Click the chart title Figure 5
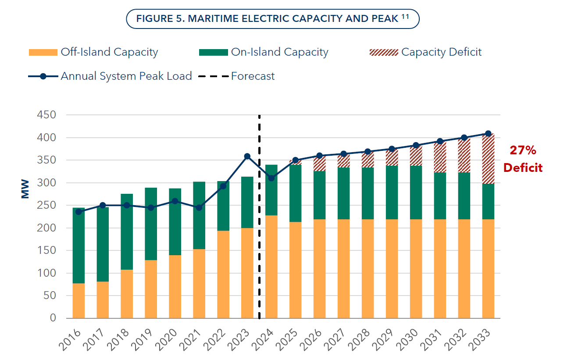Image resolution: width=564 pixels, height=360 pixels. click(272, 19)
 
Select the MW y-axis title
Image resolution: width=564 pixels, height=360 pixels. click(25, 188)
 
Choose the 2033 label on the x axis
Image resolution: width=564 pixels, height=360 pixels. click(485, 338)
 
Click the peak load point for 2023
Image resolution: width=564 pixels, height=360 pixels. click(247, 156)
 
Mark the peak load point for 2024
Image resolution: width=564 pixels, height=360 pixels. click(271, 178)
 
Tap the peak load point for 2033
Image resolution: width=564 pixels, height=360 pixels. click(488, 134)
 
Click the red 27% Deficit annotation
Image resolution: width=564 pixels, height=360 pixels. click(523, 159)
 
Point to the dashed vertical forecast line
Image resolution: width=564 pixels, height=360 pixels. click(259, 219)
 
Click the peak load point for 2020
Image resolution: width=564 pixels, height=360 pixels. click(175, 201)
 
